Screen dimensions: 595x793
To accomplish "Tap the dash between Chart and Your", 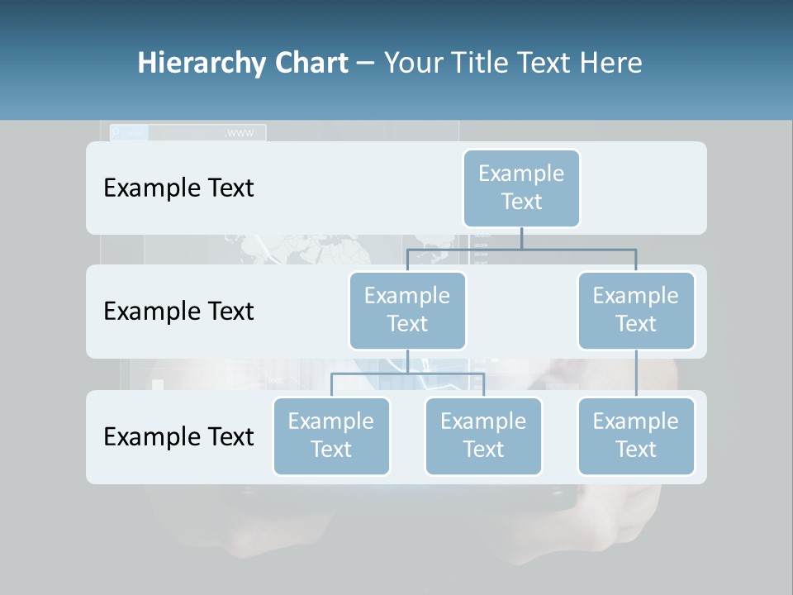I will [x=366, y=64].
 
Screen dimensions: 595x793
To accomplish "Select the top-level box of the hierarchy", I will [x=521, y=188].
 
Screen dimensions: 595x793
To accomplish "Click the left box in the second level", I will [x=407, y=310].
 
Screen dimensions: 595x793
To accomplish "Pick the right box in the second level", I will [x=636, y=310].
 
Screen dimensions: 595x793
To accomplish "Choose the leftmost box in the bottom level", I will [x=331, y=436].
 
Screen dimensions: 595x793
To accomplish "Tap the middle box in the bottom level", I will [x=483, y=436].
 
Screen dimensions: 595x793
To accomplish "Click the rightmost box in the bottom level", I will [x=636, y=436].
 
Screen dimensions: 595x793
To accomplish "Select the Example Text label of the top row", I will [x=178, y=188].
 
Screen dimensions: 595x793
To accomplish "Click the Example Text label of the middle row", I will [x=178, y=312].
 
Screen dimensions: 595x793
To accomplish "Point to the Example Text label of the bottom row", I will [x=178, y=437].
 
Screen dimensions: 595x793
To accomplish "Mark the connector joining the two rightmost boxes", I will [x=636, y=374].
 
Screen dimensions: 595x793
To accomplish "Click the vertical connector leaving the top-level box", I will [x=521, y=238].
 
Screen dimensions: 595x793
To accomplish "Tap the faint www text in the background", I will [x=240, y=133].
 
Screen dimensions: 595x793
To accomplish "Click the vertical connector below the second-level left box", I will [x=407, y=361].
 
